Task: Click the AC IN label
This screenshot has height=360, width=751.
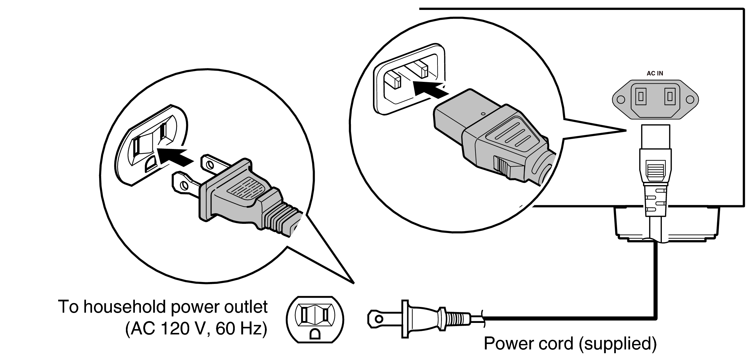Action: [654, 73]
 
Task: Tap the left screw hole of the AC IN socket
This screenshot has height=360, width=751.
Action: [621, 99]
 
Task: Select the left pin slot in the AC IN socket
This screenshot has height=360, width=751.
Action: [640, 96]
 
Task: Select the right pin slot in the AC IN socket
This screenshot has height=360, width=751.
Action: [670, 96]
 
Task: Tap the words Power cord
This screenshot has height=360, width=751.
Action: [529, 344]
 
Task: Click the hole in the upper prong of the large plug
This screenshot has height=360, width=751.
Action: [210, 165]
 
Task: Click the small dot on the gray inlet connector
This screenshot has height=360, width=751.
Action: [483, 113]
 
